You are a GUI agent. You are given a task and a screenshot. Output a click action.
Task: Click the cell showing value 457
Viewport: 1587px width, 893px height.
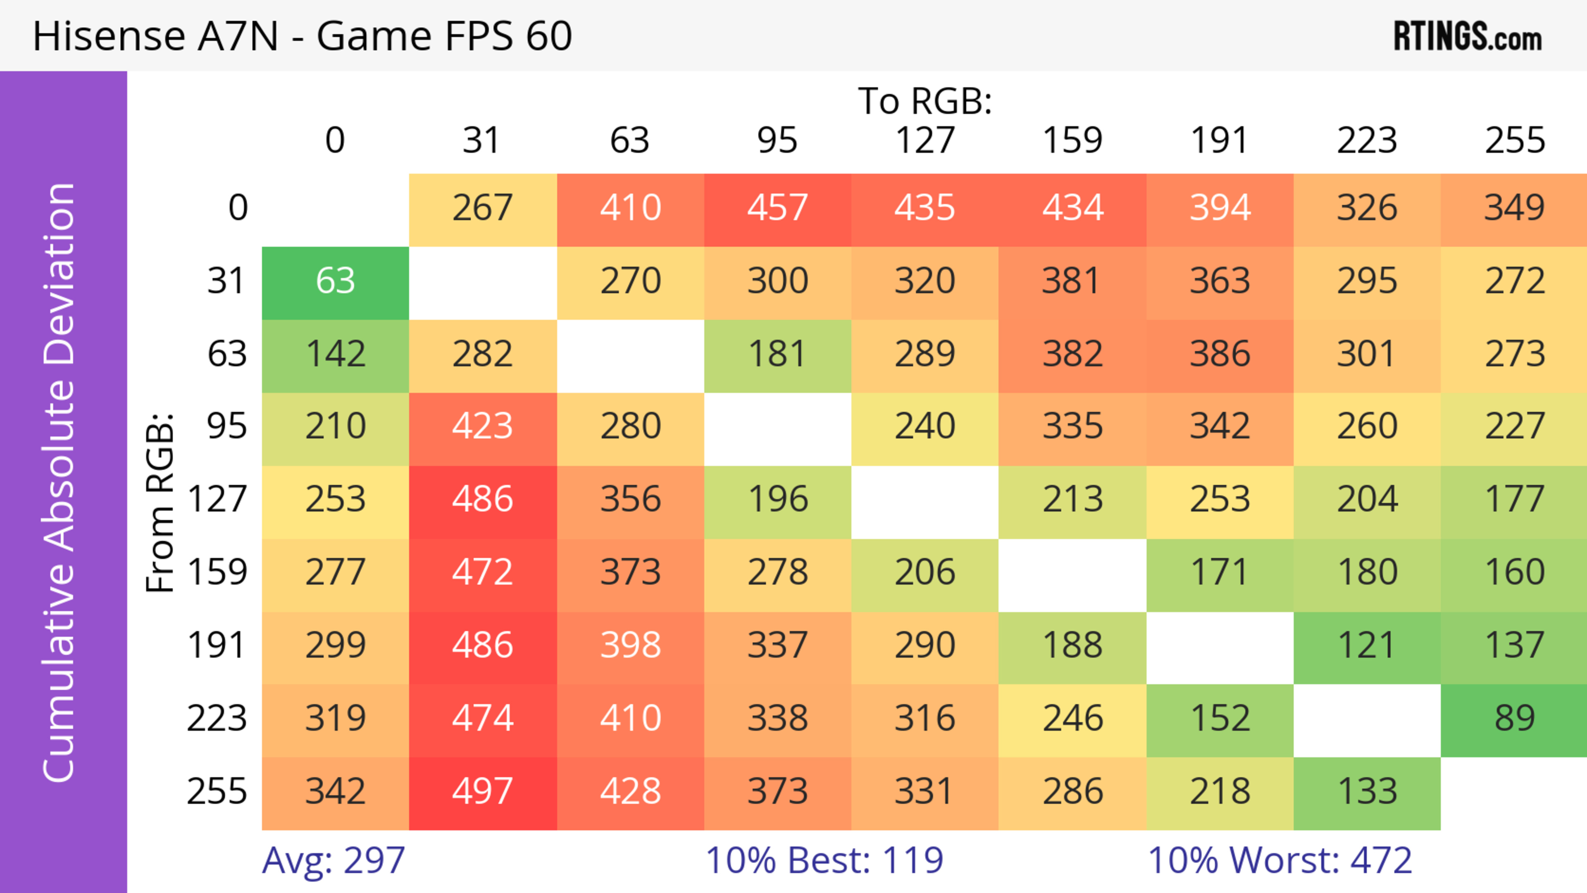point(777,208)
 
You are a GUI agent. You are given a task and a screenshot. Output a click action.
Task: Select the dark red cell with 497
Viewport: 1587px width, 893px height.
point(482,792)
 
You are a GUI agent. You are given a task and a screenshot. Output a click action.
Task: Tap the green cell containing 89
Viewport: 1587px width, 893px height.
point(1514,719)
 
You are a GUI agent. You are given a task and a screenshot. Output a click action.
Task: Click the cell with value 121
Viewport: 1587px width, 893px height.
point(1366,646)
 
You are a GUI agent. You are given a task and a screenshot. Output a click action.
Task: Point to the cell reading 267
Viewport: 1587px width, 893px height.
point(482,208)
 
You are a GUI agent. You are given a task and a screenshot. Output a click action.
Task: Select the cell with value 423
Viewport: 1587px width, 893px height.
point(482,427)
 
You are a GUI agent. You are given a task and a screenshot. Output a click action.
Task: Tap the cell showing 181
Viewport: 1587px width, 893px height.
point(777,354)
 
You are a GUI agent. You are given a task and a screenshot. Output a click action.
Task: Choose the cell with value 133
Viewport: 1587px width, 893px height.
point(1366,792)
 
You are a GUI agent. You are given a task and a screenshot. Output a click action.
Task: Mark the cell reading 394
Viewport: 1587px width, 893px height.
point(1220,208)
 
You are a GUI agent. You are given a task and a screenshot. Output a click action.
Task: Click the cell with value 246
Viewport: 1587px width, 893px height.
point(1072,719)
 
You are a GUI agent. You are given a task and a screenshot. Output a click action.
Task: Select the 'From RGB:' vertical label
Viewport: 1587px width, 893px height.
point(160,502)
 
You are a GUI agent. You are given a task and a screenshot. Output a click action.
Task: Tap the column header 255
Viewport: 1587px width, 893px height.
point(1514,140)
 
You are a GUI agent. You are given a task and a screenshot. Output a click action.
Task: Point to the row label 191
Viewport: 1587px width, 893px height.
point(217,646)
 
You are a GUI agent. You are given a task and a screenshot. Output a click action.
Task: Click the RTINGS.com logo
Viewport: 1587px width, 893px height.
point(1468,37)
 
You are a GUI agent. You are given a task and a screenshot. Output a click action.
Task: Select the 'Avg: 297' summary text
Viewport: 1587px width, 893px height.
point(333,860)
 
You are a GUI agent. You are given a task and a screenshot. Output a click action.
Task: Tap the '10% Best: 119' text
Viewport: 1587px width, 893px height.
point(824,860)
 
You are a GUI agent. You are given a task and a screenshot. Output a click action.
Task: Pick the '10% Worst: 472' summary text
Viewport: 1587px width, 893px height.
point(1280,860)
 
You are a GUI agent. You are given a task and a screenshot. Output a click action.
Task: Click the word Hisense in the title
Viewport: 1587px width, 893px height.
point(108,36)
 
